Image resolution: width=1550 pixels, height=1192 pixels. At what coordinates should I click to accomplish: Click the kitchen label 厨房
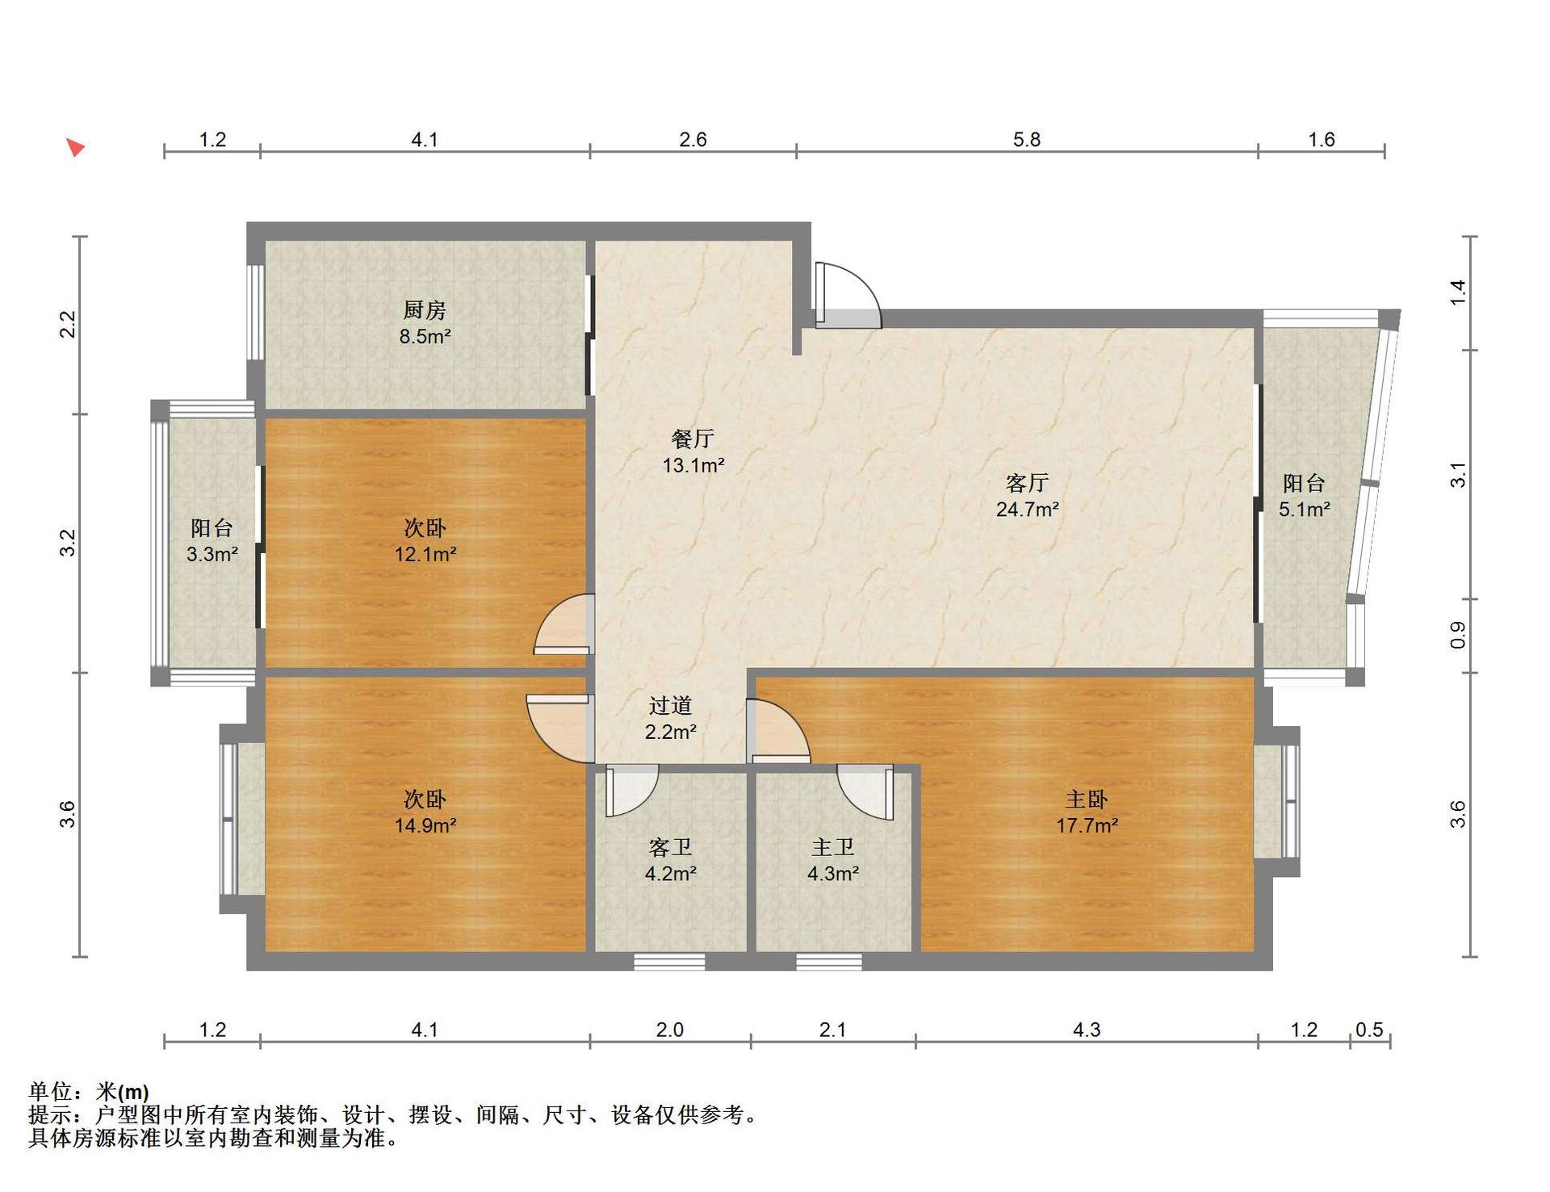(425, 309)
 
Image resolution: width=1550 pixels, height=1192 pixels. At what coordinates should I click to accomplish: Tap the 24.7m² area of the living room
(1027, 510)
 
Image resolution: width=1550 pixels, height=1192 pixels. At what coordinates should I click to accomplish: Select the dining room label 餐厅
(693, 439)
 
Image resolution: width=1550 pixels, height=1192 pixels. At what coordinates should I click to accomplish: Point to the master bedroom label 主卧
(1087, 800)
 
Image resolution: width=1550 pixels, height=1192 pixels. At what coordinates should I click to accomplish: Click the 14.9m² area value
(425, 825)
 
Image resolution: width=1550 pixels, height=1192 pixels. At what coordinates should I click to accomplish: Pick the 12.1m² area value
(425, 554)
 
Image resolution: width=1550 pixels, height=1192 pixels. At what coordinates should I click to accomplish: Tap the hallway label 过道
(670, 706)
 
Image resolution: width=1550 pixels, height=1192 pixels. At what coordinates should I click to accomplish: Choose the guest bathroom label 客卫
(670, 847)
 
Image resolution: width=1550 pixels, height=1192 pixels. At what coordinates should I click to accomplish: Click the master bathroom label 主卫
(832, 847)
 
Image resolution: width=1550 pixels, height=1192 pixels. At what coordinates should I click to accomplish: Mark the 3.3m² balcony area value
(212, 554)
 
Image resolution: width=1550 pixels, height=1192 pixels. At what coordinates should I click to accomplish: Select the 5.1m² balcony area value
(1304, 510)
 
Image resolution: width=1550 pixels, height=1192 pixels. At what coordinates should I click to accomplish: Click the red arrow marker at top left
(75, 147)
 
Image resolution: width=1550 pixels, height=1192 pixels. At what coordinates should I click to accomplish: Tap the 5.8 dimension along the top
(1027, 140)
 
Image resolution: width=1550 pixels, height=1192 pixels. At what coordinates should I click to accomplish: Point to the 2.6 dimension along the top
(693, 140)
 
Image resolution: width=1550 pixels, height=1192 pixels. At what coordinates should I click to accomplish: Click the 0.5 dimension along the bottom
(1369, 1030)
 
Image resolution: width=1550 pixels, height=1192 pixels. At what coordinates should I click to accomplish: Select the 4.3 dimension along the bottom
(1087, 1030)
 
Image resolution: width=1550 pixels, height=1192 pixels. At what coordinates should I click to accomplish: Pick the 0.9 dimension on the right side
(1457, 636)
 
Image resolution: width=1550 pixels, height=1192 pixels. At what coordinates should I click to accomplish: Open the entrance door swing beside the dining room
(848, 295)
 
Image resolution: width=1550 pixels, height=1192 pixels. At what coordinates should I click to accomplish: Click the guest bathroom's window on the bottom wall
(669, 962)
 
